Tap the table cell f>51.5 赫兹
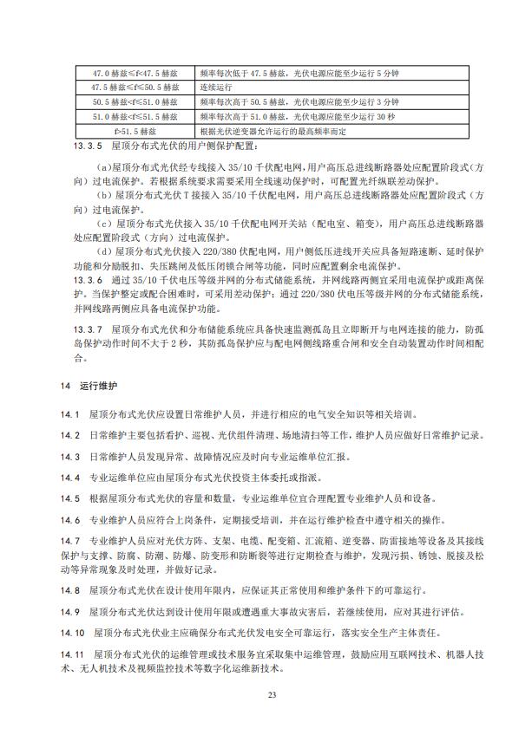click(134, 131)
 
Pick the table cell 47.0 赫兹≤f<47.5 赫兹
click(134, 73)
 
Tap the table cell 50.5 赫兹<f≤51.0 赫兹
click(134, 102)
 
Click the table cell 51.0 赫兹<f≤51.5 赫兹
click(134, 116)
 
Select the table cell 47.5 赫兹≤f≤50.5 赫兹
click(134, 88)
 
